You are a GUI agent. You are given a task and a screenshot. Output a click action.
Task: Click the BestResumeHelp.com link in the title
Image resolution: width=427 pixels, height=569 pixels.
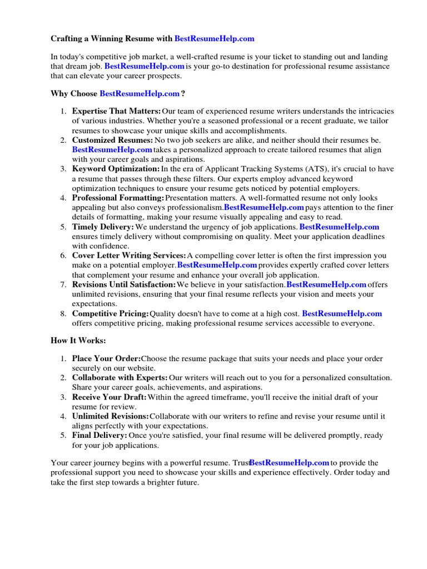pyautogui.click(x=214, y=39)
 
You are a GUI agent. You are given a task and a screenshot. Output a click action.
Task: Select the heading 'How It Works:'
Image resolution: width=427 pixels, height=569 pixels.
pyautogui.click(x=78, y=340)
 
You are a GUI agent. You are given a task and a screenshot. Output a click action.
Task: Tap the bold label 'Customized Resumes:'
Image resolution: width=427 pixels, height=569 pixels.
pyautogui.click(x=112, y=141)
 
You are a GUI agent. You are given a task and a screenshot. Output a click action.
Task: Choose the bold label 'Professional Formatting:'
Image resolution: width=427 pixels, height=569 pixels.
pyautogui.click(x=118, y=198)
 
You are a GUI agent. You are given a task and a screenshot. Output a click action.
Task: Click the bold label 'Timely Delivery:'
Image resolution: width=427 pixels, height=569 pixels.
pyautogui.click(x=103, y=227)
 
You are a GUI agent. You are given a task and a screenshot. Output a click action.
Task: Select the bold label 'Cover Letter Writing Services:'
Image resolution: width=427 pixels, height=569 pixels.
pyautogui.click(x=129, y=256)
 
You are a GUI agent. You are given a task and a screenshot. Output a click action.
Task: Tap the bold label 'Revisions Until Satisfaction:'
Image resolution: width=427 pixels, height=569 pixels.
pyautogui.click(x=123, y=285)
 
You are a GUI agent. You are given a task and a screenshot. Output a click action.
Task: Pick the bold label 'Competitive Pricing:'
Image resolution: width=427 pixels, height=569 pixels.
pyautogui.click(x=111, y=314)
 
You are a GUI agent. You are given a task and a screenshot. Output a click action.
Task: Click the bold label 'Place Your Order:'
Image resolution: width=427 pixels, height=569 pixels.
pyautogui.click(x=107, y=359)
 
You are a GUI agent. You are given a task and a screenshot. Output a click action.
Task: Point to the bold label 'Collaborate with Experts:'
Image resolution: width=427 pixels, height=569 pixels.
pyautogui.click(x=120, y=378)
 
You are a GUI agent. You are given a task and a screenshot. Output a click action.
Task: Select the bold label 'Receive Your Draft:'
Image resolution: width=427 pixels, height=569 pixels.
pyautogui.click(x=110, y=397)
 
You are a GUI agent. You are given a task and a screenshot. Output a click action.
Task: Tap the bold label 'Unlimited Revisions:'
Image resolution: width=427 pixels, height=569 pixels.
pyautogui.click(x=110, y=416)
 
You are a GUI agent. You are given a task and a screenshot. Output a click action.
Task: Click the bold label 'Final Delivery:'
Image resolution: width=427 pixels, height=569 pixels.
pyautogui.click(x=100, y=436)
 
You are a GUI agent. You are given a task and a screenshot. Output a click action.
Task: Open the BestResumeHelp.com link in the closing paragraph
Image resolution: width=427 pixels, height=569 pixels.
pyautogui.click(x=290, y=463)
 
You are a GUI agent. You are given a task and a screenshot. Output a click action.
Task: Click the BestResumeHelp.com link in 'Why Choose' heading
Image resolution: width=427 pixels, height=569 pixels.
pyautogui.click(x=140, y=93)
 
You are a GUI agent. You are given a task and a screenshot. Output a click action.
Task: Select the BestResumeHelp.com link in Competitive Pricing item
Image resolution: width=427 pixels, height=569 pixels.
pyautogui.click(x=342, y=314)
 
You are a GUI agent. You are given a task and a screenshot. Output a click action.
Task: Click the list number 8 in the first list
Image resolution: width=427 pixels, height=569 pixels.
pyautogui.click(x=63, y=314)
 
